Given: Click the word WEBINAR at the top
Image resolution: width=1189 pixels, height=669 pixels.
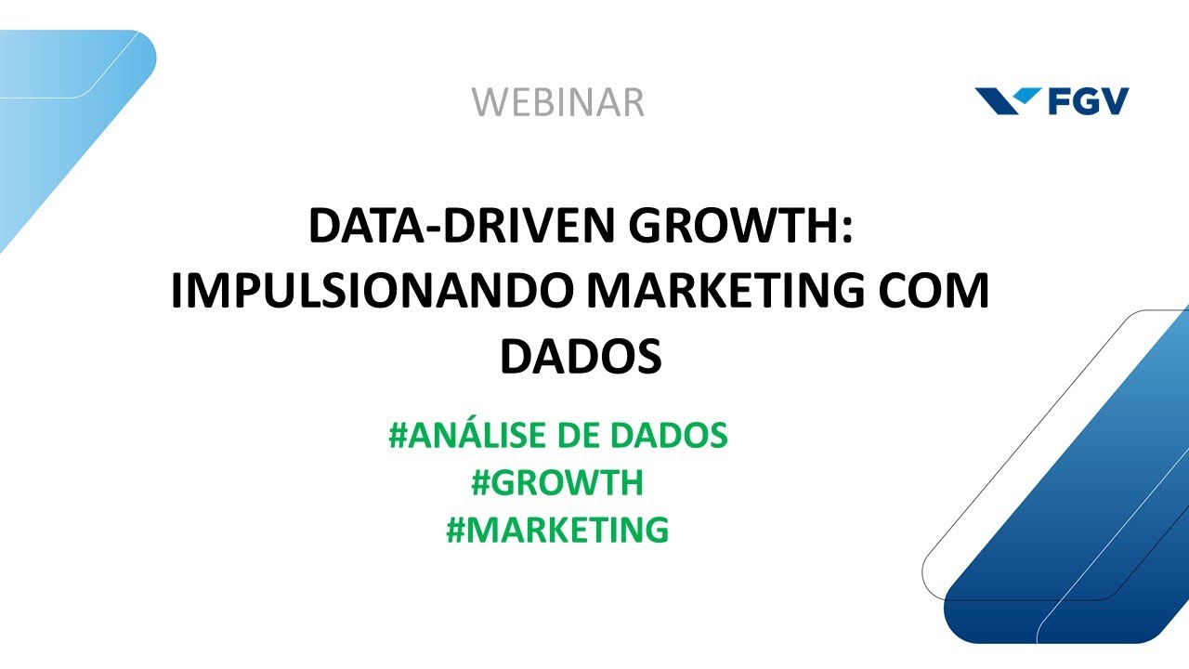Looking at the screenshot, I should pyautogui.click(x=557, y=102).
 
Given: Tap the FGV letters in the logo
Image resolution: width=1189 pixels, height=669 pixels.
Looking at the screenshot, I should pyautogui.click(x=1088, y=100).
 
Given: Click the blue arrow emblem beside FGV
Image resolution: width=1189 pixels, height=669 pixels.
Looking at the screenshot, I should pyautogui.click(x=1008, y=100).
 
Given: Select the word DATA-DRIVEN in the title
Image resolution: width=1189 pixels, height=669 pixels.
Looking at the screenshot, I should pyautogui.click(x=428, y=227).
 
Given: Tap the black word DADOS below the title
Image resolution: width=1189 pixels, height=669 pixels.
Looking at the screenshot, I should pyautogui.click(x=581, y=357).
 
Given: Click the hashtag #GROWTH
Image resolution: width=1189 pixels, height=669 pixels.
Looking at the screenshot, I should pyautogui.click(x=557, y=483).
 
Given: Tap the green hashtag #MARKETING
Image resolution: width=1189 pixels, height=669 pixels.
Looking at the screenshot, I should pyautogui.click(x=557, y=531).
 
